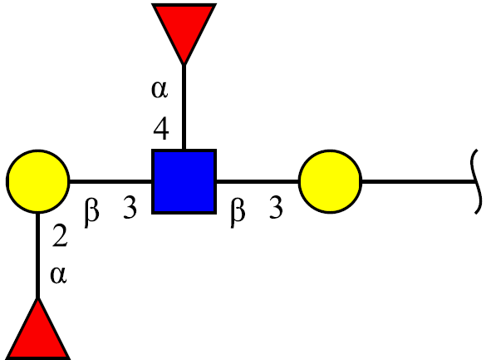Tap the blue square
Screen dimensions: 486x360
coord(184,182)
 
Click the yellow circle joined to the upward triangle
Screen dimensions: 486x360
coord(38,182)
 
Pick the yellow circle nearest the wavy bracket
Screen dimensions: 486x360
coord(330,182)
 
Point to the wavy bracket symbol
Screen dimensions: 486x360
coord(477,182)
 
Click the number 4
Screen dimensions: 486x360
coord(161,128)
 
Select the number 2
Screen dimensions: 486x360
coord(60,235)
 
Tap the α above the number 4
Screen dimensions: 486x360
coord(160,90)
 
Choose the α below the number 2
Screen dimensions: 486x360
coord(58,274)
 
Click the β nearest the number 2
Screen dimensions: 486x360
coord(91,213)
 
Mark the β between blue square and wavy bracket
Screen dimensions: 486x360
coord(238,213)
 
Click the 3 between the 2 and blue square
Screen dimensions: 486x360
coord(130,207)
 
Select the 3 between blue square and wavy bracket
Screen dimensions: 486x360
coord(276,207)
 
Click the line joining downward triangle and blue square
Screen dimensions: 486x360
coord(184,107)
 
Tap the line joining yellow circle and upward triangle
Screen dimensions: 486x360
coord(38,256)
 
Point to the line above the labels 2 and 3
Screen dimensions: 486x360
coord(110,182)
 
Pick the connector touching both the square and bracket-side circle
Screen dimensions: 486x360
coord(257,182)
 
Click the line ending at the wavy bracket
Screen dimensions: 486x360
coord(419,182)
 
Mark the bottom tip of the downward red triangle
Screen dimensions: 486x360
coord(184,65)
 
